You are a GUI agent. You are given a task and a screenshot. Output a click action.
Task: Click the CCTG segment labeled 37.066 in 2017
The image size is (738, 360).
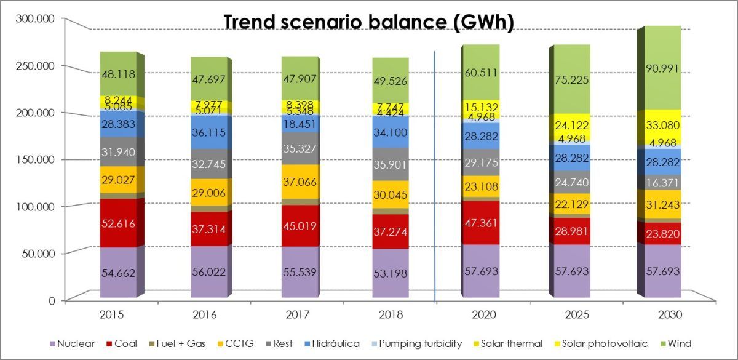pos(301,181)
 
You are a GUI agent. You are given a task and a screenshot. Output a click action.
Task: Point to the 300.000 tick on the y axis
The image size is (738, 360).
pos(34,18)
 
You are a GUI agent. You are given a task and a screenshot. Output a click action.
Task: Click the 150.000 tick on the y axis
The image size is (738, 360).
pos(34,159)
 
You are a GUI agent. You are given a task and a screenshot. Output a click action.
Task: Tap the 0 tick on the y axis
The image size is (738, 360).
pos(52,300)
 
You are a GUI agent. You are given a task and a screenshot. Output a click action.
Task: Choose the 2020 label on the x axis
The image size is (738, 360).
pos(482,314)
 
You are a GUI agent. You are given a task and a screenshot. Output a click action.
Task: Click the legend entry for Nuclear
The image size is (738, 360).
pos(72,343)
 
